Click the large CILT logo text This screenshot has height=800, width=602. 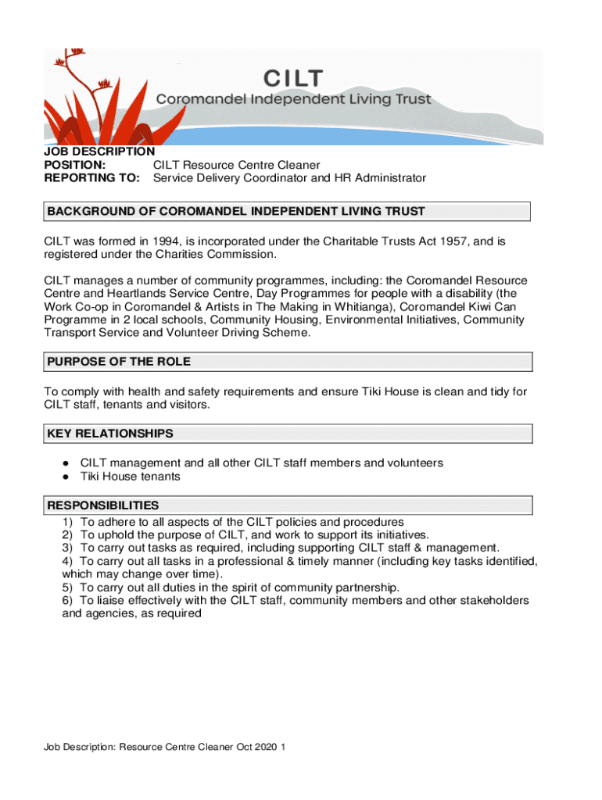tap(293, 78)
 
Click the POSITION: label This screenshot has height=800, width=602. tap(75, 165)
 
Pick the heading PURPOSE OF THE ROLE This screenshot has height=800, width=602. tap(119, 362)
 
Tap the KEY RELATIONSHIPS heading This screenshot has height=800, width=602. tap(110, 434)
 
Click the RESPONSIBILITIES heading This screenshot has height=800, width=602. tap(103, 505)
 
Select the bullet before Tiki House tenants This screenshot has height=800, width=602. tap(68, 477)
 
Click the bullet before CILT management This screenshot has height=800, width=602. tap(68, 463)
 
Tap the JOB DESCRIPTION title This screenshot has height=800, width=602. tap(99, 152)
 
